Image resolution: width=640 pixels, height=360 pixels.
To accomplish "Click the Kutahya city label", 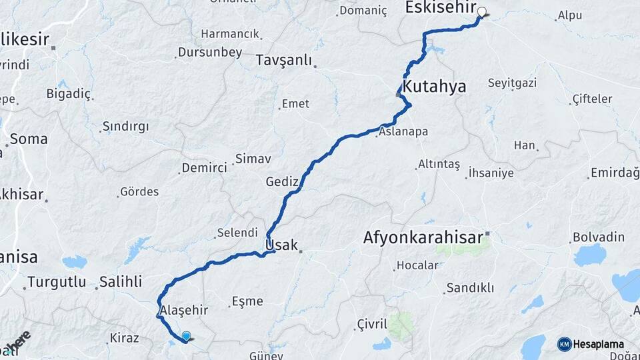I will pyautogui.click(x=434, y=87).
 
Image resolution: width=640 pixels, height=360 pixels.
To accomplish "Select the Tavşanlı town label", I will pyautogui.click(x=284, y=61).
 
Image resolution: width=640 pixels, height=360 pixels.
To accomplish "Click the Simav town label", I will pyautogui.click(x=253, y=159).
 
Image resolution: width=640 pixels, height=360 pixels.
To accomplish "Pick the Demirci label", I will pyautogui.click(x=204, y=168).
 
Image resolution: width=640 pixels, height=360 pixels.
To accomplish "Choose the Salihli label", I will pyautogui.click(x=121, y=281).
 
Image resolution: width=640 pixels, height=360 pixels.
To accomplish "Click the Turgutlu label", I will pyautogui.click(x=56, y=282).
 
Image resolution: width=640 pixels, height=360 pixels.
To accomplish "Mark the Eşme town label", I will pyautogui.click(x=247, y=301).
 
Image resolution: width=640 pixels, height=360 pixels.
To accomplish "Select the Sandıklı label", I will pyautogui.click(x=470, y=288).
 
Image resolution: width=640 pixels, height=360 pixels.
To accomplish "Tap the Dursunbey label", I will pyautogui.click(x=209, y=53).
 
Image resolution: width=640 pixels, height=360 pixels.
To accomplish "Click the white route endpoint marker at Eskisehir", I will pyautogui.click(x=481, y=12).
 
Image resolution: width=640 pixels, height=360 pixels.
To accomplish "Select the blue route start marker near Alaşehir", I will pyautogui.click(x=186, y=337).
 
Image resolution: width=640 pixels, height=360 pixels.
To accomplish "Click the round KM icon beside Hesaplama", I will pyautogui.click(x=565, y=344).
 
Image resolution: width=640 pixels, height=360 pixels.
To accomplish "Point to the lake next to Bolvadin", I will pyautogui.click(x=589, y=255).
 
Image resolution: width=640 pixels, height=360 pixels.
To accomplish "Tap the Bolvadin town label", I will pyautogui.click(x=598, y=237).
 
